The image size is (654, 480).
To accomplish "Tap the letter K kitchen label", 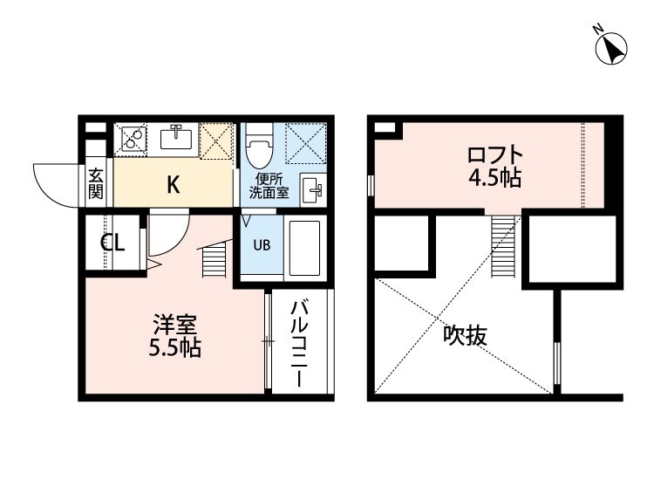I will (174, 184).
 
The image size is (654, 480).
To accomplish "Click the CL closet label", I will (112, 243).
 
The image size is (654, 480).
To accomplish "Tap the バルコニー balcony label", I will (298, 344).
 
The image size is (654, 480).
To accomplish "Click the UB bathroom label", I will (262, 243).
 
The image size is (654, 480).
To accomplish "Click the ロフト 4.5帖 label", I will (494, 168).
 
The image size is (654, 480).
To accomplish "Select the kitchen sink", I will (178, 138).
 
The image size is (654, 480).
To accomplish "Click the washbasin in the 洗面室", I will (311, 189).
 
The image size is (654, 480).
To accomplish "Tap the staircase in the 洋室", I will (215, 261).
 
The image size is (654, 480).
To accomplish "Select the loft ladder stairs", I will (504, 245).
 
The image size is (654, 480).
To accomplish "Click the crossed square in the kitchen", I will (216, 141).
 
